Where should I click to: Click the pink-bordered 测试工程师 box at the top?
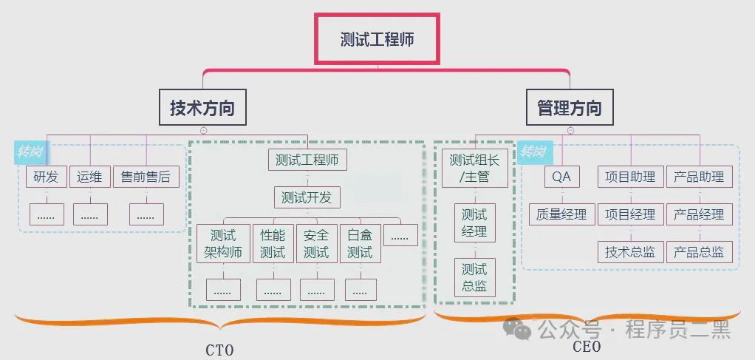tap(377, 39)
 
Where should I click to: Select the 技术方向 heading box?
tap(202, 108)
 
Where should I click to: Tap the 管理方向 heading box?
tap(569, 108)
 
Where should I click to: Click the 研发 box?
tap(47, 177)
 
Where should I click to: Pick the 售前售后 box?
tap(146, 177)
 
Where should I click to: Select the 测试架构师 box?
tap(223, 244)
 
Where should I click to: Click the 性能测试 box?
tap(273, 244)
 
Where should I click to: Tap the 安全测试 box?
tap(316, 244)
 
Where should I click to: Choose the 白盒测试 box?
tap(360, 244)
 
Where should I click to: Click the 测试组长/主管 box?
tap(474, 168)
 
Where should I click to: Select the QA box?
tap(562, 177)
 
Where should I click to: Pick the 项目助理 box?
tap(630, 177)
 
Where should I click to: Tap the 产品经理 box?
tap(699, 214)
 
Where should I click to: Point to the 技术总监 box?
tap(630, 252)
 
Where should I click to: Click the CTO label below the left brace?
tap(219, 350)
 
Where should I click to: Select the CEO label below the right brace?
tap(587, 346)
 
